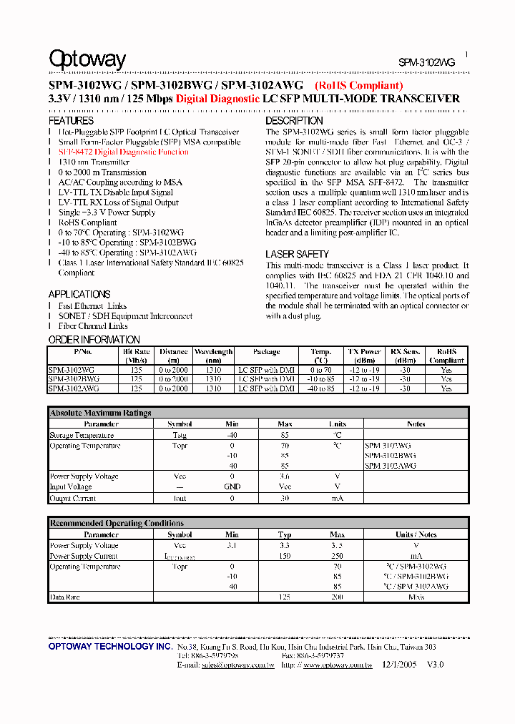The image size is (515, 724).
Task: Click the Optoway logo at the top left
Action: coord(87,59)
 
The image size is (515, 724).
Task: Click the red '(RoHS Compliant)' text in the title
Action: coord(358,86)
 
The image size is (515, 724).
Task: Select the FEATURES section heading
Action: coord(71,122)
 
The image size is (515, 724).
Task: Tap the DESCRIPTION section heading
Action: coord(294,122)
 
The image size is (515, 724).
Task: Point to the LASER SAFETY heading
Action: coord(297,255)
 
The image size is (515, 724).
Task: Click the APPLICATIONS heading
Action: coord(79,294)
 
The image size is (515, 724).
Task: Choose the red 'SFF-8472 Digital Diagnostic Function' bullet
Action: coord(123,152)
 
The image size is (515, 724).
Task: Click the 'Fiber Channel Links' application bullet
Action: coord(93,326)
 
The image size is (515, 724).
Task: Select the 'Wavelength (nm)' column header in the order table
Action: coord(213,356)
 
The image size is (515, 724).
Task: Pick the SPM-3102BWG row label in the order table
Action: coord(74,379)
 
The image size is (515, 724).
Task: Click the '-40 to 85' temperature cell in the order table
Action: coord(321,388)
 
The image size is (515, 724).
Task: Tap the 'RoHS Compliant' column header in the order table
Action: coord(446,356)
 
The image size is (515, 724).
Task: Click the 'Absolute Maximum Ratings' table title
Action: coord(100,413)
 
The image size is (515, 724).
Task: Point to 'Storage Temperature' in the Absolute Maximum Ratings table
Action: coord(82,435)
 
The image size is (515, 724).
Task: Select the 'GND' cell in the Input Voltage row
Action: coord(232,486)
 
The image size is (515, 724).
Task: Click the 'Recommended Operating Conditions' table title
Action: coord(116,523)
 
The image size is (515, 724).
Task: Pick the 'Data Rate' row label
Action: coord(64,597)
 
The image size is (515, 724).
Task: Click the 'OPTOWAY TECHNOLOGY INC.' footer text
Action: coord(110,646)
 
